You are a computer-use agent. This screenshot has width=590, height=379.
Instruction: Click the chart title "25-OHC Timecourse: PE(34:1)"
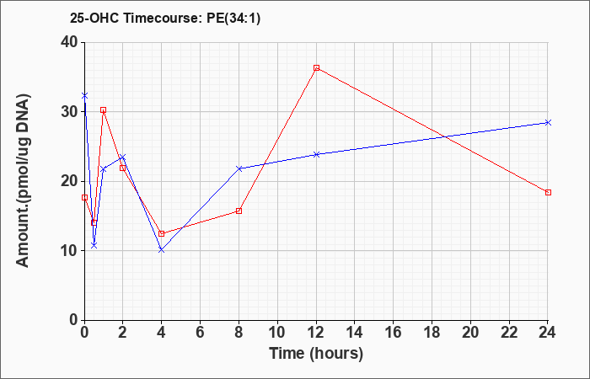tap(165, 19)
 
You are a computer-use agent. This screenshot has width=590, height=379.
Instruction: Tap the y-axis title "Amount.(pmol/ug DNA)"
tap(23, 179)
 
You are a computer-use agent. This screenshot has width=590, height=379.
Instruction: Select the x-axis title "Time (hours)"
tap(316, 354)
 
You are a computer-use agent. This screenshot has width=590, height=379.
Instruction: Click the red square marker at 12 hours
tap(316, 67)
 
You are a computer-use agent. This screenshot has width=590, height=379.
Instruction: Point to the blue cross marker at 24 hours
tap(548, 123)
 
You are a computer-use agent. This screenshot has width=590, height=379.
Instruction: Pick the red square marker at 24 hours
tap(548, 193)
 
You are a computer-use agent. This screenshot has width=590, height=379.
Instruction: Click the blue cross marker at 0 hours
tap(84, 96)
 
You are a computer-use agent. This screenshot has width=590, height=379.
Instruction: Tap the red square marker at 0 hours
tap(84, 197)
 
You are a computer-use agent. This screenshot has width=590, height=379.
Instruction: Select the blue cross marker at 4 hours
tap(162, 249)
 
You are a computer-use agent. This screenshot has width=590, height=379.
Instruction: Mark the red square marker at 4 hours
tap(162, 233)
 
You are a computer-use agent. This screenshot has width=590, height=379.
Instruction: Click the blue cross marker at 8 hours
tap(239, 168)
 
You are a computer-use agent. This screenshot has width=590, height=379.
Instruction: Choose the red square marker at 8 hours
tap(239, 211)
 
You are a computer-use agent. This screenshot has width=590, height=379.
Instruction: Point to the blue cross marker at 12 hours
tap(316, 154)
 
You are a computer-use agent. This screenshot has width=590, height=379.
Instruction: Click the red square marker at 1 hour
tap(103, 109)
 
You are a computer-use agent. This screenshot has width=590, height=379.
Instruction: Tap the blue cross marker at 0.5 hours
tap(94, 246)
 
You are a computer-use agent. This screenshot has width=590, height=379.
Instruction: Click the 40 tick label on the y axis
tap(69, 42)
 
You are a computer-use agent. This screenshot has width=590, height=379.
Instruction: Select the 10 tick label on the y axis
tap(69, 251)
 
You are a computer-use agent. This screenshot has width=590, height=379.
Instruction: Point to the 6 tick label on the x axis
tap(200, 333)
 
